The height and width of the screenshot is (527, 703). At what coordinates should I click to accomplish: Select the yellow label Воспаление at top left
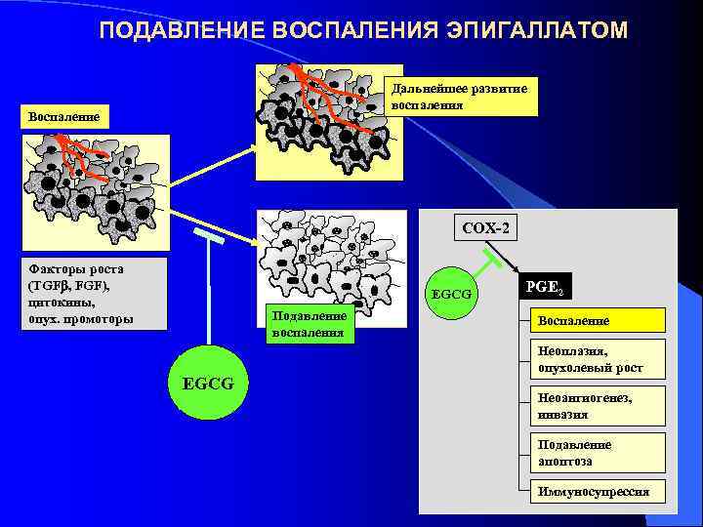click(x=63, y=116)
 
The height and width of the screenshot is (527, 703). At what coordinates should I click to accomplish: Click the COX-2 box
click(x=485, y=229)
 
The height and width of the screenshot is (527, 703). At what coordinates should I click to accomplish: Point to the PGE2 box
click(x=544, y=287)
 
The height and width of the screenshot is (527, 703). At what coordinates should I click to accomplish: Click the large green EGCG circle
click(x=208, y=383)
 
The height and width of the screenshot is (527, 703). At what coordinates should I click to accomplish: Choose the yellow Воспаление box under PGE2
click(x=597, y=320)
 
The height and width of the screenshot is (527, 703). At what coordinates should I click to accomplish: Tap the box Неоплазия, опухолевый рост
click(x=597, y=359)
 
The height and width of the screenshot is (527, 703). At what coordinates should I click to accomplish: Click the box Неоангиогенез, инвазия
click(x=597, y=405)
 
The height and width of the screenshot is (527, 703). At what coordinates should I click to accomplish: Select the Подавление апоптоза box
click(x=597, y=452)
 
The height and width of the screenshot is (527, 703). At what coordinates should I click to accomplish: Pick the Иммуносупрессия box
click(x=597, y=492)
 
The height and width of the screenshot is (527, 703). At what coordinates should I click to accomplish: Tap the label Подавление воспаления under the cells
click(x=310, y=324)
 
